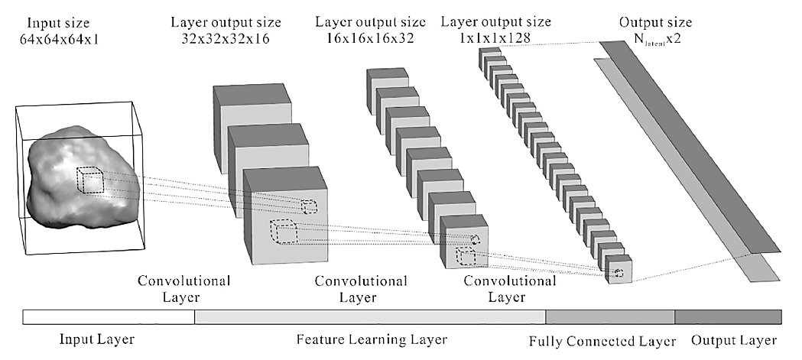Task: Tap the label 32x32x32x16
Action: (x=226, y=37)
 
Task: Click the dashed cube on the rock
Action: (x=90, y=182)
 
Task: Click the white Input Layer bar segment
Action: (x=109, y=316)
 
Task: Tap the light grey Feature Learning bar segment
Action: (x=370, y=316)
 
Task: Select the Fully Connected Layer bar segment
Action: (x=609, y=316)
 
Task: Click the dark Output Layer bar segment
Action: (x=727, y=316)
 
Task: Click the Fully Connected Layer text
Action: (x=602, y=340)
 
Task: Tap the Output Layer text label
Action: (x=733, y=339)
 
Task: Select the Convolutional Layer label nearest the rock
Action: (x=183, y=288)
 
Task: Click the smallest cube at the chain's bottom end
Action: (x=619, y=272)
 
